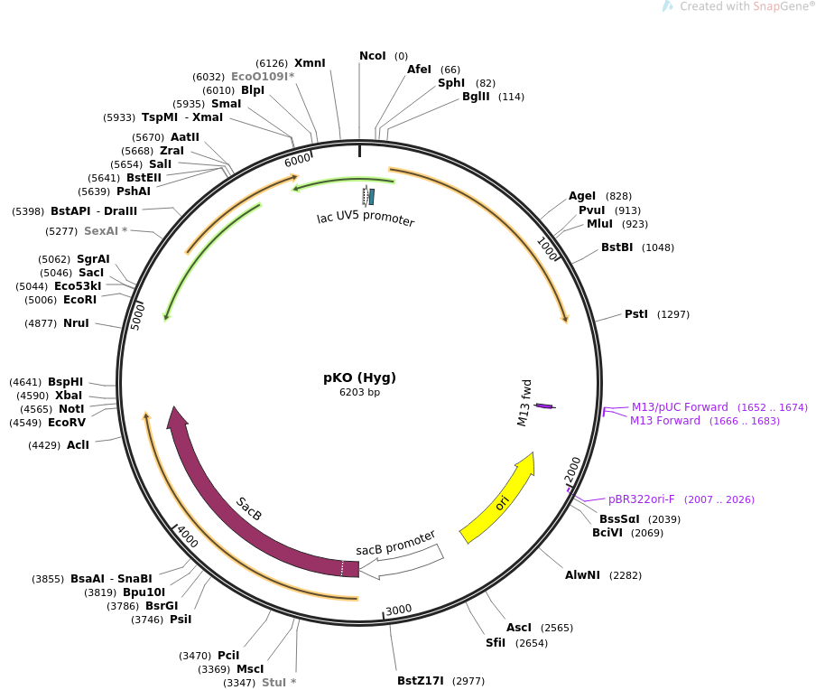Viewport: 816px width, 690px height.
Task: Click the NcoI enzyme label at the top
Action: (x=373, y=56)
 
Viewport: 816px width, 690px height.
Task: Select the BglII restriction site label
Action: (x=476, y=97)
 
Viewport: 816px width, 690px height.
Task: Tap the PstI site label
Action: (x=636, y=314)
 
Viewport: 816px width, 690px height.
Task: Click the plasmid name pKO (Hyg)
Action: (x=360, y=378)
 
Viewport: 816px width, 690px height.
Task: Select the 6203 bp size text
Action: (x=360, y=393)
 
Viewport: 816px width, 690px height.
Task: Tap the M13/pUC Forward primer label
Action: (x=680, y=407)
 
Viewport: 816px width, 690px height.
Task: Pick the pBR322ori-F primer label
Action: (x=642, y=499)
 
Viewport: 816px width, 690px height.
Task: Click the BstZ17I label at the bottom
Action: (x=421, y=681)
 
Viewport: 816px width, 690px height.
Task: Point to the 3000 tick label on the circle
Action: (x=398, y=610)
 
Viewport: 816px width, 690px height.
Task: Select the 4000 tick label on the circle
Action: (x=188, y=536)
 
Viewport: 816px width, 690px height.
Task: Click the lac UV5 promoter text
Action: (x=366, y=219)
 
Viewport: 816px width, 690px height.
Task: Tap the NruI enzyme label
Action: (x=76, y=323)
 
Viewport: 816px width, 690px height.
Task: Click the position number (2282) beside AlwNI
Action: (x=627, y=575)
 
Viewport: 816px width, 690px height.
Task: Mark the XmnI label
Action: (x=310, y=63)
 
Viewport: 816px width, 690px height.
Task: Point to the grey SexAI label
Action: (x=106, y=231)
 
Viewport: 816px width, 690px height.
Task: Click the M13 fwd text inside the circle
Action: (x=524, y=403)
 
